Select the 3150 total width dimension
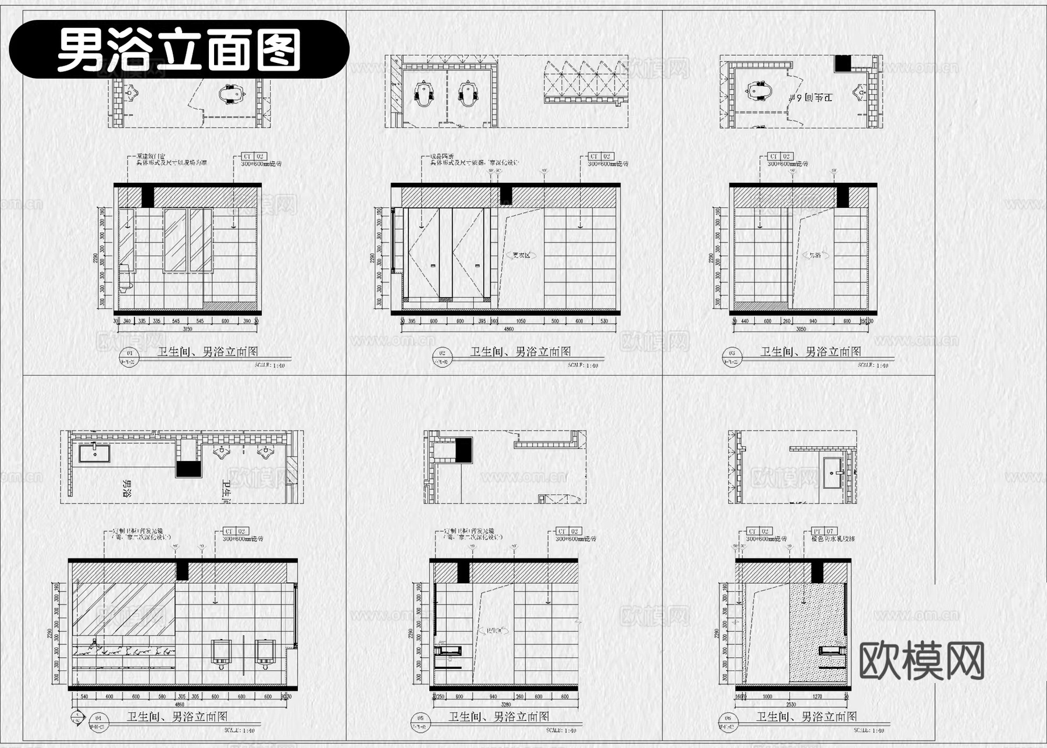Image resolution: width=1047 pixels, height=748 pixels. click(187, 329)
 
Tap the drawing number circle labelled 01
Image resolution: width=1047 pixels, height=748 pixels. click(129, 353)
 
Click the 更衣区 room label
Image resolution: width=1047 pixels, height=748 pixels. click(521, 255)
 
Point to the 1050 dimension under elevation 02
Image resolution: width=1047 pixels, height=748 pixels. click(521, 321)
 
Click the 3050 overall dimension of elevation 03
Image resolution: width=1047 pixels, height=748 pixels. click(801, 329)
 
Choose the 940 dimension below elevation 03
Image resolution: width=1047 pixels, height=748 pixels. click(813, 321)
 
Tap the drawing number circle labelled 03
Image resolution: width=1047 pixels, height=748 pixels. click(732, 353)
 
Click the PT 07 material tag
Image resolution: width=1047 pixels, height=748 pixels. click(824, 531)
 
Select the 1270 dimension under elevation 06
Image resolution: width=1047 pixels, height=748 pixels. click(817, 696)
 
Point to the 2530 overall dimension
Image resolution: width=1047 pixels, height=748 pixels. click(791, 704)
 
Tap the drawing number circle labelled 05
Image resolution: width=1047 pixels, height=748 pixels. click(420, 718)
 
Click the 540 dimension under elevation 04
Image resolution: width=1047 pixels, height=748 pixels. click(84, 696)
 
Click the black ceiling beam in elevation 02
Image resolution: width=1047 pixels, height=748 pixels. click(505, 196)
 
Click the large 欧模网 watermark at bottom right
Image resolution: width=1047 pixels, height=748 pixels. click(921, 661)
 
